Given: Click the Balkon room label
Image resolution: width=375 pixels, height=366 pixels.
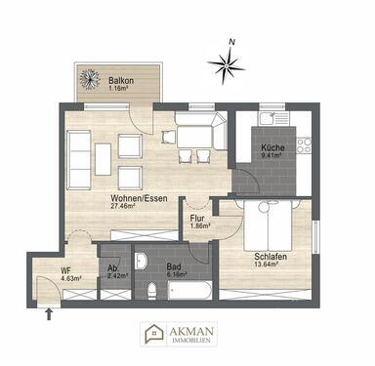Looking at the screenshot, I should coord(121,79).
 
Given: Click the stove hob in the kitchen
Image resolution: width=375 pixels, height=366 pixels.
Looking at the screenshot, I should coord(304,143).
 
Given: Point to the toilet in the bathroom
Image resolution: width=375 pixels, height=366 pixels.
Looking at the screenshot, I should coord(152,292).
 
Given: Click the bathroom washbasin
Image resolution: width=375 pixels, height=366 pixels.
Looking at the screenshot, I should coord(143,261).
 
